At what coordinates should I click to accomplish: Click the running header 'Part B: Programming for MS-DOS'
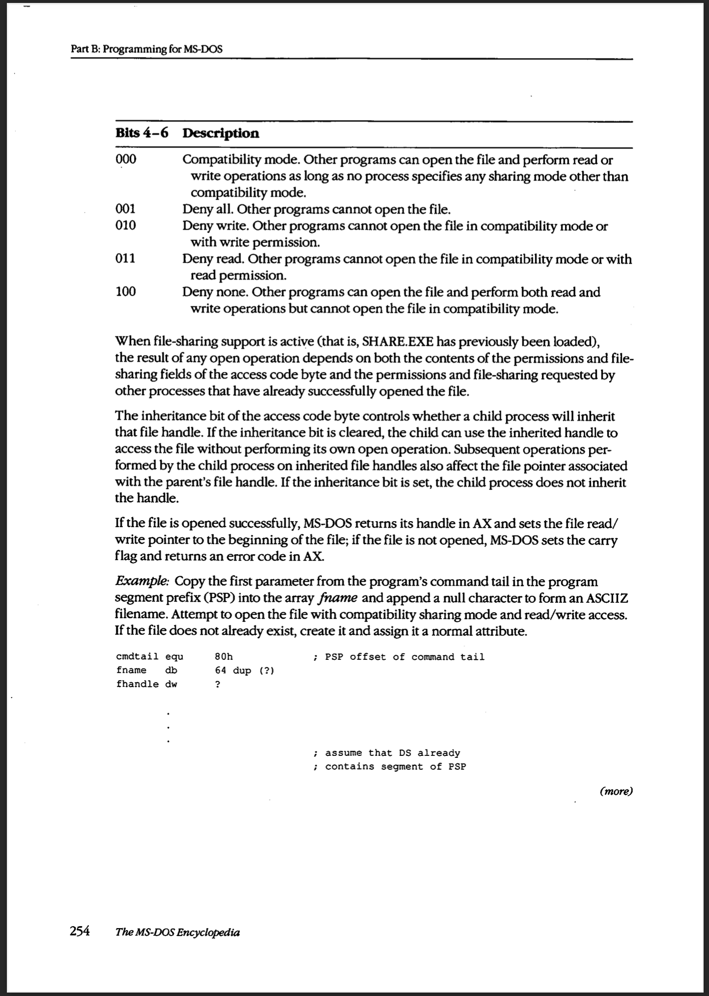coord(147,49)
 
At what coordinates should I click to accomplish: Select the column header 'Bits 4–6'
coord(142,133)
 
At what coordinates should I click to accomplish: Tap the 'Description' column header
coord(221,133)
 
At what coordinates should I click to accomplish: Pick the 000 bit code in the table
coord(126,159)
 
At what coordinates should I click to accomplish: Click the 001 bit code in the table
coord(125,209)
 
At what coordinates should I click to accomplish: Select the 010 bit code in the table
coord(125,225)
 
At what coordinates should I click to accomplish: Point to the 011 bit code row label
coord(125,258)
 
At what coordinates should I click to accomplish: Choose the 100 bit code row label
coord(125,291)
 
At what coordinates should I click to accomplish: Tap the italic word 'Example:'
coord(142,581)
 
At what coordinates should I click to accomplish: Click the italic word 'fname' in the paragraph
coord(338,598)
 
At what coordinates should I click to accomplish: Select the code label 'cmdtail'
coord(137,656)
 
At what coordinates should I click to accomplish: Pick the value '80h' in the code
coord(224,656)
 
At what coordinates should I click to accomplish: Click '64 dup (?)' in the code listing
coord(244,670)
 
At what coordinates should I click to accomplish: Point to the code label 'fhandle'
coord(137,684)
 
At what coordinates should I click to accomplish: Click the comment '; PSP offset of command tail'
coord(399,656)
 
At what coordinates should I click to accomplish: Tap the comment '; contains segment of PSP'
coord(389,766)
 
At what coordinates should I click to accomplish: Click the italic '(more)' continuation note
coord(616,791)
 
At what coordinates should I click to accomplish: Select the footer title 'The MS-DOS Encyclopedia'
coord(177,932)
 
